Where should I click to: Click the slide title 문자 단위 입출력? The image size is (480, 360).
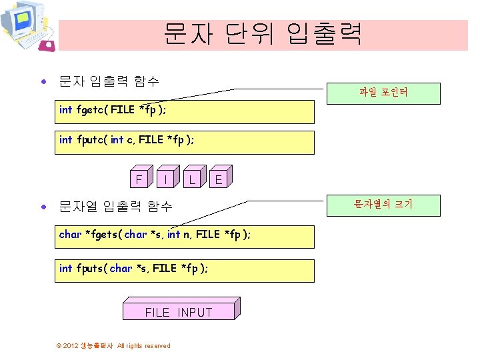point(263,33)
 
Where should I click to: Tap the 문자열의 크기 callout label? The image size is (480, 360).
point(383,204)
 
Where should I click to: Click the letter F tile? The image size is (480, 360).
point(139,179)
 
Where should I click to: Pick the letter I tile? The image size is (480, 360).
point(165,179)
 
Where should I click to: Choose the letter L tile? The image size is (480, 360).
point(191,179)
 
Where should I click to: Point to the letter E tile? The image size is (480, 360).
point(218,179)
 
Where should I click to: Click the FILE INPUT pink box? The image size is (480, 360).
point(179,312)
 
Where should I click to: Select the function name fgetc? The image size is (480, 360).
point(91,110)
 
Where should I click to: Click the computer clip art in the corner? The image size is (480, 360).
point(27,27)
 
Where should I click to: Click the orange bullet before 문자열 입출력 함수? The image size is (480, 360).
point(44,207)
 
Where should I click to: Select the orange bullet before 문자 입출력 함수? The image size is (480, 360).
point(44,83)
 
